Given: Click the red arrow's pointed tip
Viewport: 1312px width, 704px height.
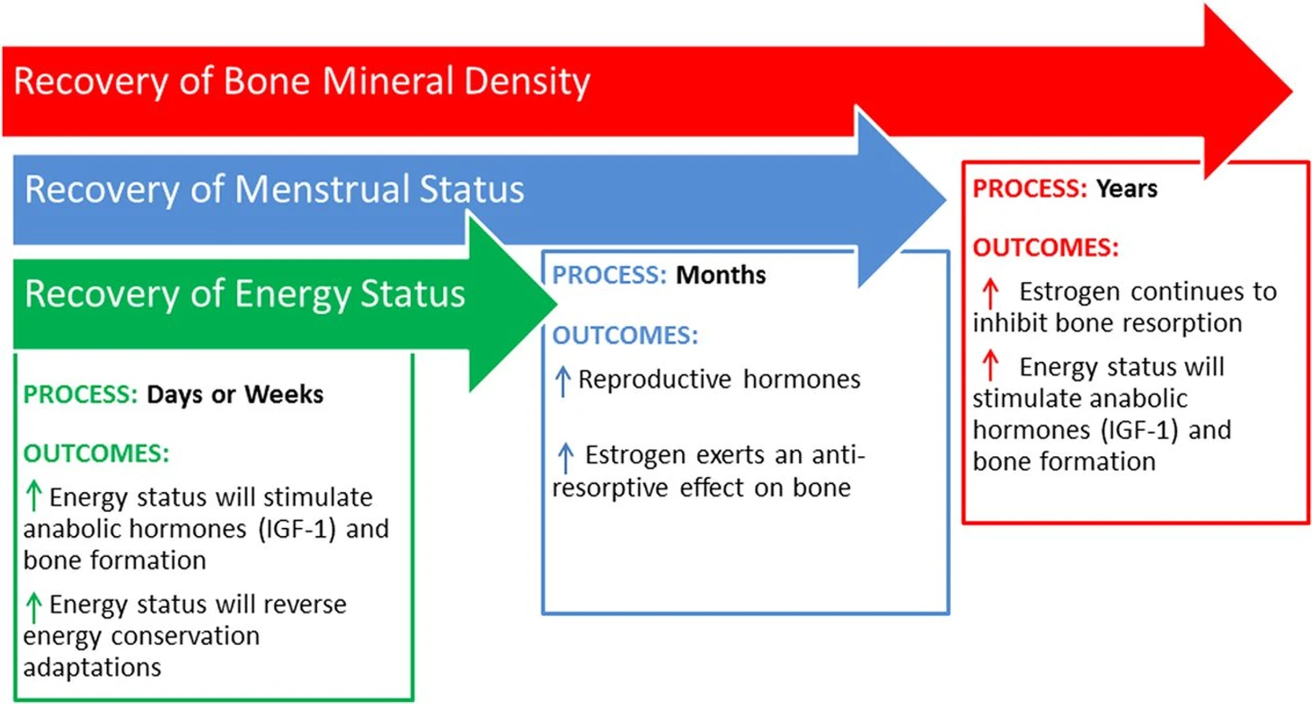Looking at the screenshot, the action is [x=1292, y=92].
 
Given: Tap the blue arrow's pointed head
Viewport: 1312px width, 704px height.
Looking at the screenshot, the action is [x=945, y=199].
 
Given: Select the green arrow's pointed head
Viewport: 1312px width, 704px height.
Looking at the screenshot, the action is [x=556, y=304].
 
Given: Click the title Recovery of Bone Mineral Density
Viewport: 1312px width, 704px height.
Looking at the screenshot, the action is [x=302, y=81].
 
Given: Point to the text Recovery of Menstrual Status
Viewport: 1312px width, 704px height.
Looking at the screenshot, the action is [x=274, y=189].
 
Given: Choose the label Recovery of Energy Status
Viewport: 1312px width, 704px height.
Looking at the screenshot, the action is [x=244, y=294].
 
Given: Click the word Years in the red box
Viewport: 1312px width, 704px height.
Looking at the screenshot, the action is [x=1127, y=189].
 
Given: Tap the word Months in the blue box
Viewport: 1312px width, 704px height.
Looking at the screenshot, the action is [x=721, y=275].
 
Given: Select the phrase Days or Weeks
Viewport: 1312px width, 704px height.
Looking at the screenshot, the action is [x=235, y=395].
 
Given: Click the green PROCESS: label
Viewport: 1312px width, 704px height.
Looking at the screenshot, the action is [x=81, y=394].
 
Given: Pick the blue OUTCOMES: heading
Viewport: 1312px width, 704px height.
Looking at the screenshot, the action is [x=625, y=335].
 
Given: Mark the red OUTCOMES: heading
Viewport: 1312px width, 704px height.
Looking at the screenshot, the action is [x=1045, y=248].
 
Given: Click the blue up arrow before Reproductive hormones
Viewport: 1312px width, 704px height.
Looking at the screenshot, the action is [x=563, y=382].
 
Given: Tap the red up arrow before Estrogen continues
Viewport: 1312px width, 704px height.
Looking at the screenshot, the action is [x=990, y=294].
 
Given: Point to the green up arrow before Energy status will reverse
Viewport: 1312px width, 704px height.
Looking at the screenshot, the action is [x=34, y=607].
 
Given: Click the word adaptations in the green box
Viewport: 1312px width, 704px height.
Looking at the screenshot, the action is [x=92, y=667].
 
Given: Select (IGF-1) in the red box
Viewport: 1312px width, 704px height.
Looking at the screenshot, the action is [x=1139, y=430].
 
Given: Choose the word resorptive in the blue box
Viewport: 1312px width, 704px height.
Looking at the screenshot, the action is [x=610, y=488].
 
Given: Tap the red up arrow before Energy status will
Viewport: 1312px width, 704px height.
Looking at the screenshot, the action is [x=990, y=365].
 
